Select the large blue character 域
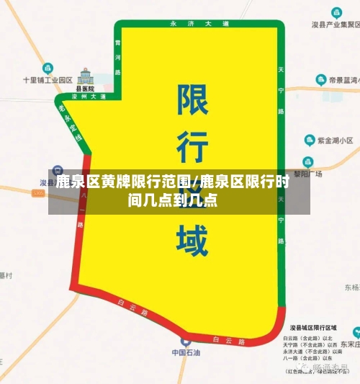click(x=192, y=241)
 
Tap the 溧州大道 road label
click(x=89, y=97)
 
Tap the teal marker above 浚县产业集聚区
click(x=336, y=12)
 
